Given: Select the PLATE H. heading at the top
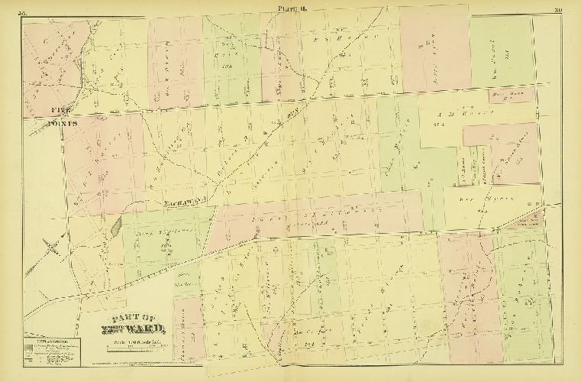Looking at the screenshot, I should point(290,10).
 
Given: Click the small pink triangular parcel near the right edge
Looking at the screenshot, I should point(531,222).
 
